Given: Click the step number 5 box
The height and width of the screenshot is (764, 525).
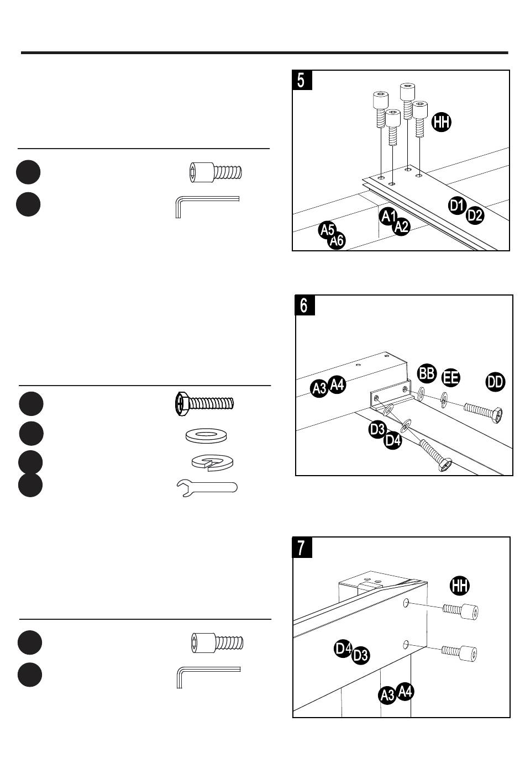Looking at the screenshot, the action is (302, 80).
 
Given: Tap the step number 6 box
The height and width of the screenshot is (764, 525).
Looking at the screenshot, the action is (305, 305).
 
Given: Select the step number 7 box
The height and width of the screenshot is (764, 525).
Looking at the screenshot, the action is (302, 547).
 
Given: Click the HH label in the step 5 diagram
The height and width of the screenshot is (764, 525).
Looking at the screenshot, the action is (442, 122).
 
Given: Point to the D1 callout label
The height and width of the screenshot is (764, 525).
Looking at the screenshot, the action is (457, 206).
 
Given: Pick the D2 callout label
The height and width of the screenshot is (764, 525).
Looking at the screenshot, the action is (475, 215).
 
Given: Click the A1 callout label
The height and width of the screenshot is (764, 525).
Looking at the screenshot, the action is (388, 217).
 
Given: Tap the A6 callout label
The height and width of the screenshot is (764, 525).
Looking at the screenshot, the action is (337, 241).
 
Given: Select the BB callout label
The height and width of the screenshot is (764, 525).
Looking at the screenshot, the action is (427, 373).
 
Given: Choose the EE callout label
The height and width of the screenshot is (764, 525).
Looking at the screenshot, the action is (450, 378).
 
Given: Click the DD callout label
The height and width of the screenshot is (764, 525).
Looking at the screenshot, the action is (495, 382).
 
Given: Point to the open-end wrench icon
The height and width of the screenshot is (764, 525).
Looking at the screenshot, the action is (207, 487).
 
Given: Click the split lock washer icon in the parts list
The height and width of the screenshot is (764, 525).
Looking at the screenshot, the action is (212, 462).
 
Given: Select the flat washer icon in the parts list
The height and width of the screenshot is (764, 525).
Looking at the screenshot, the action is (206, 436).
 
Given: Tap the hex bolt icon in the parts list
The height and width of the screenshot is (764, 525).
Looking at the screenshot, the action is (204, 404).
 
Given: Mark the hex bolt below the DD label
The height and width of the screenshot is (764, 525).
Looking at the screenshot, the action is (482, 412).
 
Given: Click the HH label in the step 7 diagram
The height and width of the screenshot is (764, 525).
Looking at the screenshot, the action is (459, 586).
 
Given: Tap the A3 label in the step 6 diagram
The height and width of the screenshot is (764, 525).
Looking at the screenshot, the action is (319, 388).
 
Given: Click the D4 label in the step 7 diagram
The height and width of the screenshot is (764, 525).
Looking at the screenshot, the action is (343, 649).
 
